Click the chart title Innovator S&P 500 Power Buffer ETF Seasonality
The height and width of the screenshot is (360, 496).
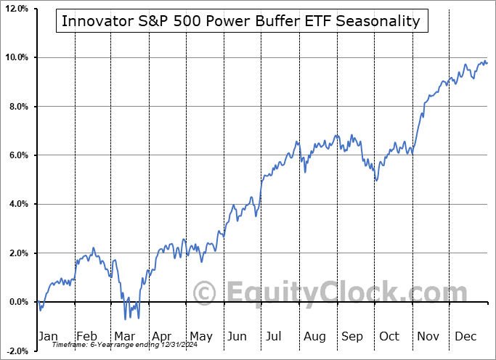pos(241,21)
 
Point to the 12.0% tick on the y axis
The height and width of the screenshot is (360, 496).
pos(15,9)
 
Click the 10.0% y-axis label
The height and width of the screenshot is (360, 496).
pos(15,57)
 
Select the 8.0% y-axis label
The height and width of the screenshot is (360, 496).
pos(17,107)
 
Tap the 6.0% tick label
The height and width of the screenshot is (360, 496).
pos(17,155)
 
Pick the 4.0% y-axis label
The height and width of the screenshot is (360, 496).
pos(17,205)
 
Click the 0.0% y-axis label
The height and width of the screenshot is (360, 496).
pos(17,302)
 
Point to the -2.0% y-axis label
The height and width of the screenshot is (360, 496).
pos(15,351)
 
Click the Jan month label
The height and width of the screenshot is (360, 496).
pos(49,336)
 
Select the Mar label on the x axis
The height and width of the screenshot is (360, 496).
pos(124,336)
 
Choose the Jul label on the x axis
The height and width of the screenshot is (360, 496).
pos(274,336)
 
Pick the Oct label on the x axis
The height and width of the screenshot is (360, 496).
pos(389,336)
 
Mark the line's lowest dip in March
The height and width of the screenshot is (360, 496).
pos(125,319)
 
